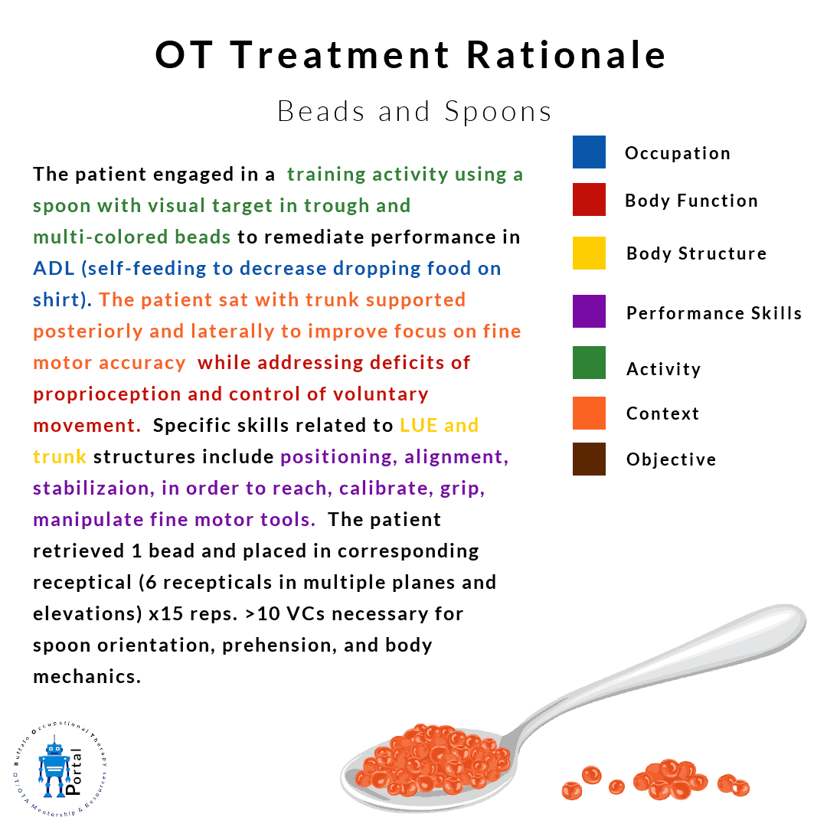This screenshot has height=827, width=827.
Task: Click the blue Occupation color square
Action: pos(589,152)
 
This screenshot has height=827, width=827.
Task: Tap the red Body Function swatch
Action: pos(589,199)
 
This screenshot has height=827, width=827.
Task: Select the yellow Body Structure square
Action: pos(589,253)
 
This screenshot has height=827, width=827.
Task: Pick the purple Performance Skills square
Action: pos(589,311)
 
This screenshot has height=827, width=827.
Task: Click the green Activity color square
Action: pos(589,362)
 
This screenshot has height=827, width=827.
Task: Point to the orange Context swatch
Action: pos(589,413)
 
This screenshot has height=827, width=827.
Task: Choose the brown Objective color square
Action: pos(589,459)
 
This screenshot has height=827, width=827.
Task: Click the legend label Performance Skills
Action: pos(714,313)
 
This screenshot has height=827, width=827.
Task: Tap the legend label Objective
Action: pos(671,459)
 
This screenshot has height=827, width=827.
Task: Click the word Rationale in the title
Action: pos(567,55)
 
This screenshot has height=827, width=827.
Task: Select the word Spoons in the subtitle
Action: pos(498,112)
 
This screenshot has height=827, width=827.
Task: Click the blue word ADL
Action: pos(54,269)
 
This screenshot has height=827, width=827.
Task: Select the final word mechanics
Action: pos(87,677)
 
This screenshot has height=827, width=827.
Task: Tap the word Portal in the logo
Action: pos(74,771)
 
